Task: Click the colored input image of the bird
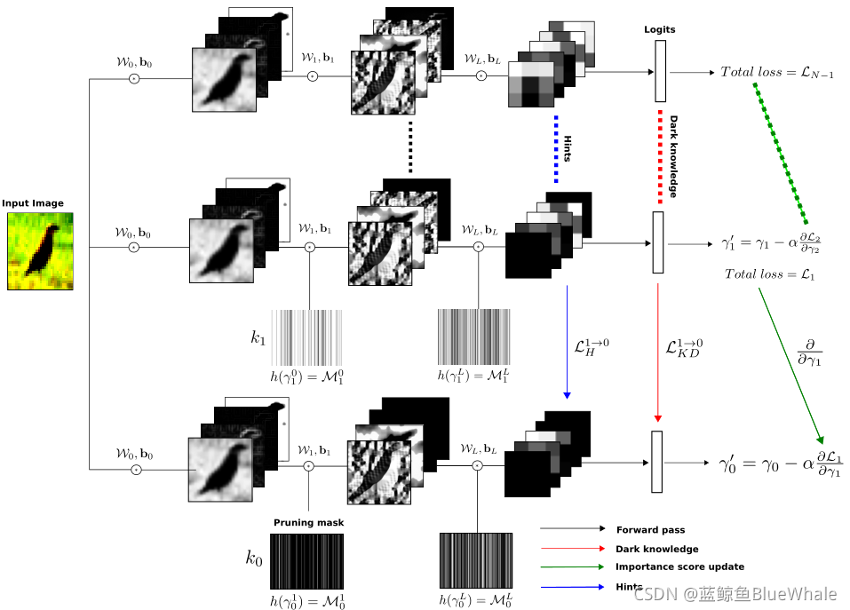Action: tap(41, 250)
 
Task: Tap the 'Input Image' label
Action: tap(33, 203)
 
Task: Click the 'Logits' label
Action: tap(659, 29)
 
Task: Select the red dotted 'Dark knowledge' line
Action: tap(659, 155)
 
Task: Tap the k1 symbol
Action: tap(258, 337)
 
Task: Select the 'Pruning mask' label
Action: tap(308, 523)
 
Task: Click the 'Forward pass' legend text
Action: tap(650, 530)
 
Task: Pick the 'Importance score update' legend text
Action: tap(679, 566)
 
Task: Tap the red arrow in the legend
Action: tap(572, 549)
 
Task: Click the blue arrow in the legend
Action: tap(572, 585)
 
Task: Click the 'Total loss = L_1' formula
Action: tap(769, 274)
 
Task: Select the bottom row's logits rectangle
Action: tap(657, 462)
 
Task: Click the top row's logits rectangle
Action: tap(660, 71)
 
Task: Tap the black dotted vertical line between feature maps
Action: tap(410, 147)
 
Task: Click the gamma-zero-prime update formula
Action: tap(781, 464)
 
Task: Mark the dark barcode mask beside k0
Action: tap(306, 560)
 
